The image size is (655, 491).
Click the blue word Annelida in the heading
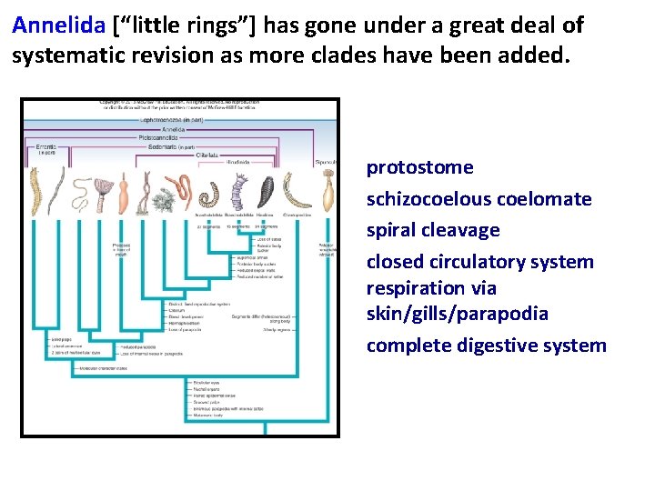point(59,25)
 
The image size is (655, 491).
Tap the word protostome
point(419,167)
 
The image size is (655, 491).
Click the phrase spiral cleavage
point(433,230)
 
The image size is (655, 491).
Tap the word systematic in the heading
point(65,55)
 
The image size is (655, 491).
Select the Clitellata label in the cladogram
point(208,155)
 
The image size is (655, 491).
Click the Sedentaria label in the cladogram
point(173,146)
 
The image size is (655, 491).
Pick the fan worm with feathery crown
point(102,191)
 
